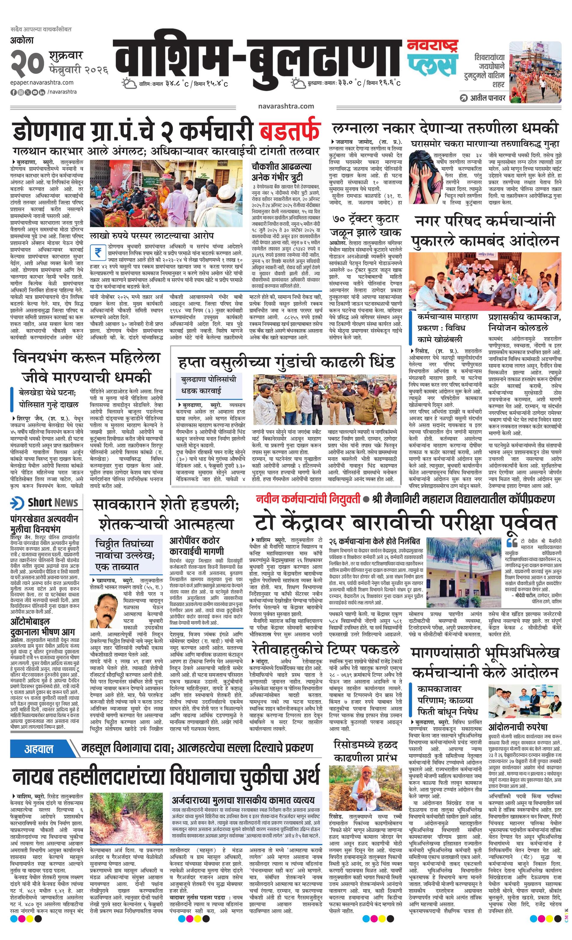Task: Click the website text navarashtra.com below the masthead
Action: (x=286, y=106)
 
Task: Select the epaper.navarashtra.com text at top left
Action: (x=42, y=82)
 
